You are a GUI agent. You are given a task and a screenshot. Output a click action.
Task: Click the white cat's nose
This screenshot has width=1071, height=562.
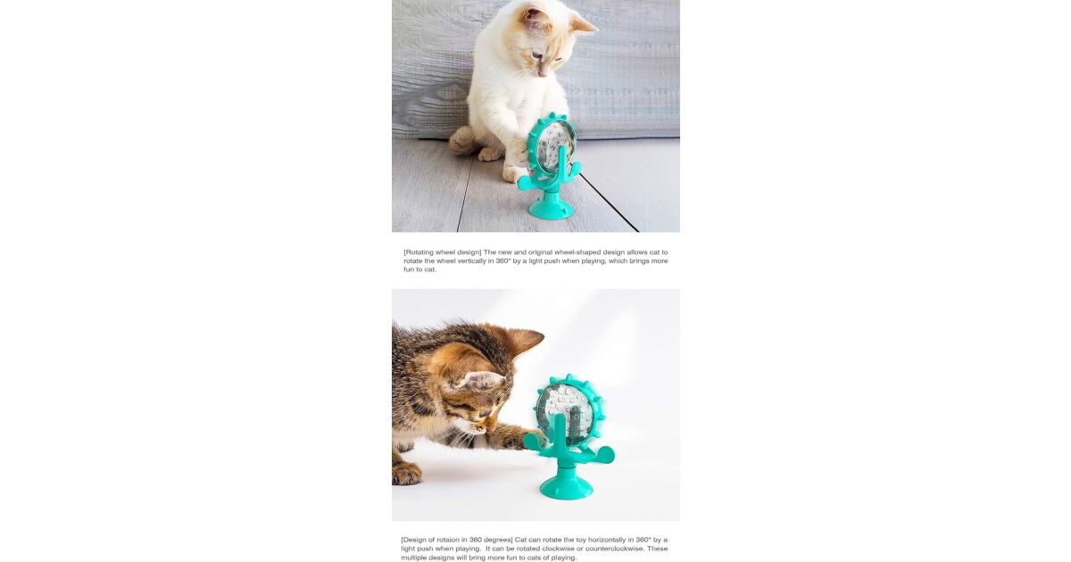[541, 73]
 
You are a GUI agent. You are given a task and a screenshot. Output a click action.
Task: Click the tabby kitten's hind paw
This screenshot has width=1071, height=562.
[406, 473]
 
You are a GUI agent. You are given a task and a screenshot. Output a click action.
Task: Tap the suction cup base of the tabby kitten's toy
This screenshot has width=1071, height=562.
[566, 487]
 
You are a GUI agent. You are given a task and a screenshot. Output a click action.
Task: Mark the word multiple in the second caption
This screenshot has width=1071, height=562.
[413, 558]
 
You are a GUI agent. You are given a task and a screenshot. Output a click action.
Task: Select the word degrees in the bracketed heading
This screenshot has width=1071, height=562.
[497, 540]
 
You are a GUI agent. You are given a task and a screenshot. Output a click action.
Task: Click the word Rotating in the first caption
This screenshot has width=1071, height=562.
[419, 252]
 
